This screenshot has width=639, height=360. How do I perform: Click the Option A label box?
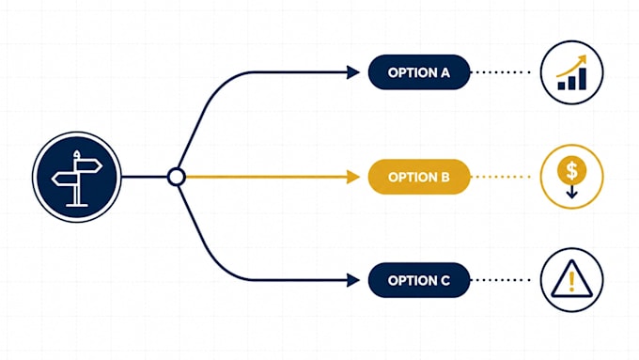click(x=419, y=72)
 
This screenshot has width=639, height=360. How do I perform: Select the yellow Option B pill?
click(x=419, y=177)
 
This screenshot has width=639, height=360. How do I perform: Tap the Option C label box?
click(x=419, y=280)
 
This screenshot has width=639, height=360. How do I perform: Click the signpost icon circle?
click(x=77, y=177)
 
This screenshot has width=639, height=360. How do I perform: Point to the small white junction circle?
click(x=177, y=177)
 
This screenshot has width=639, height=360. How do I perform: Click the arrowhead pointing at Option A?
click(x=353, y=72)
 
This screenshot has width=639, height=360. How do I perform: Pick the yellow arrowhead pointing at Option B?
click(x=353, y=177)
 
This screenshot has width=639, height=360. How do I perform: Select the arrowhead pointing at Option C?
click(x=353, y=280)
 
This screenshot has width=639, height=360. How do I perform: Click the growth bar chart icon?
click(x=571, y=72)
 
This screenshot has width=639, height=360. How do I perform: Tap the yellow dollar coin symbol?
click(x=571, y=169)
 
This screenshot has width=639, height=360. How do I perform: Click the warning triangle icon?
click(x=571, y=278)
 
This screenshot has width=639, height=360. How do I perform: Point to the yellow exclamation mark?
click(x=571, y=281)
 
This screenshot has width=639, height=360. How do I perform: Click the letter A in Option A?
click(x=444, y=72)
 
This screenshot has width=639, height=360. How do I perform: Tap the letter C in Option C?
click(x=445, y=280)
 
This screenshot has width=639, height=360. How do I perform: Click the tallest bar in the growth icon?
click(x=583, y=79)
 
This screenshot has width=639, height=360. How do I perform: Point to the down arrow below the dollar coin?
click(x=571, y=191)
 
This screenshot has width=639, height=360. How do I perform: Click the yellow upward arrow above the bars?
click(x=571, y=66)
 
